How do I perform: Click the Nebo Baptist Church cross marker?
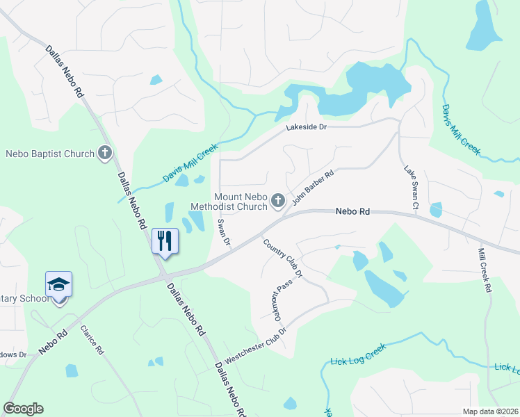(105, 153)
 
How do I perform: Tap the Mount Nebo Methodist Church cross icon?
(278, 202)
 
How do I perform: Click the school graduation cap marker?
(59, 284)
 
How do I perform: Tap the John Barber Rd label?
(314, 188)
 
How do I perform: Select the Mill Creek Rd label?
(485, 270)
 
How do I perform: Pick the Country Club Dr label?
(283, 258)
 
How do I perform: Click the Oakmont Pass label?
(270, 299)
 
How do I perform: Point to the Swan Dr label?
(223, 232)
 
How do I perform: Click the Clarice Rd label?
(91, 341)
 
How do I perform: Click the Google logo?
(23, 409)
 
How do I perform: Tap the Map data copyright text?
(489, 411)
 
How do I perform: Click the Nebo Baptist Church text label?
(50, 153)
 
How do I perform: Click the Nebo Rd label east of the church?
(352, 211)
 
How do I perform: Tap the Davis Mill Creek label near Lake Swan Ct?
(461, 129)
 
